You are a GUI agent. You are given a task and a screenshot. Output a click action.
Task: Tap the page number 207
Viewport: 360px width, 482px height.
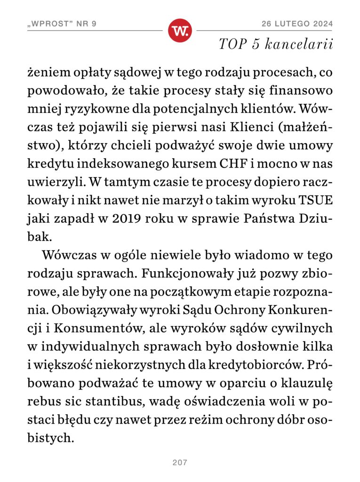click(x=180, y=463)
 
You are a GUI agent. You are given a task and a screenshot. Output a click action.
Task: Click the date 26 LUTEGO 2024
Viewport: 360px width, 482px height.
click(x=297, y=24)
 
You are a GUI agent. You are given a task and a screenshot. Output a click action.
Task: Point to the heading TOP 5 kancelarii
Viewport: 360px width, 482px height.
click(x=276, y=45)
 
